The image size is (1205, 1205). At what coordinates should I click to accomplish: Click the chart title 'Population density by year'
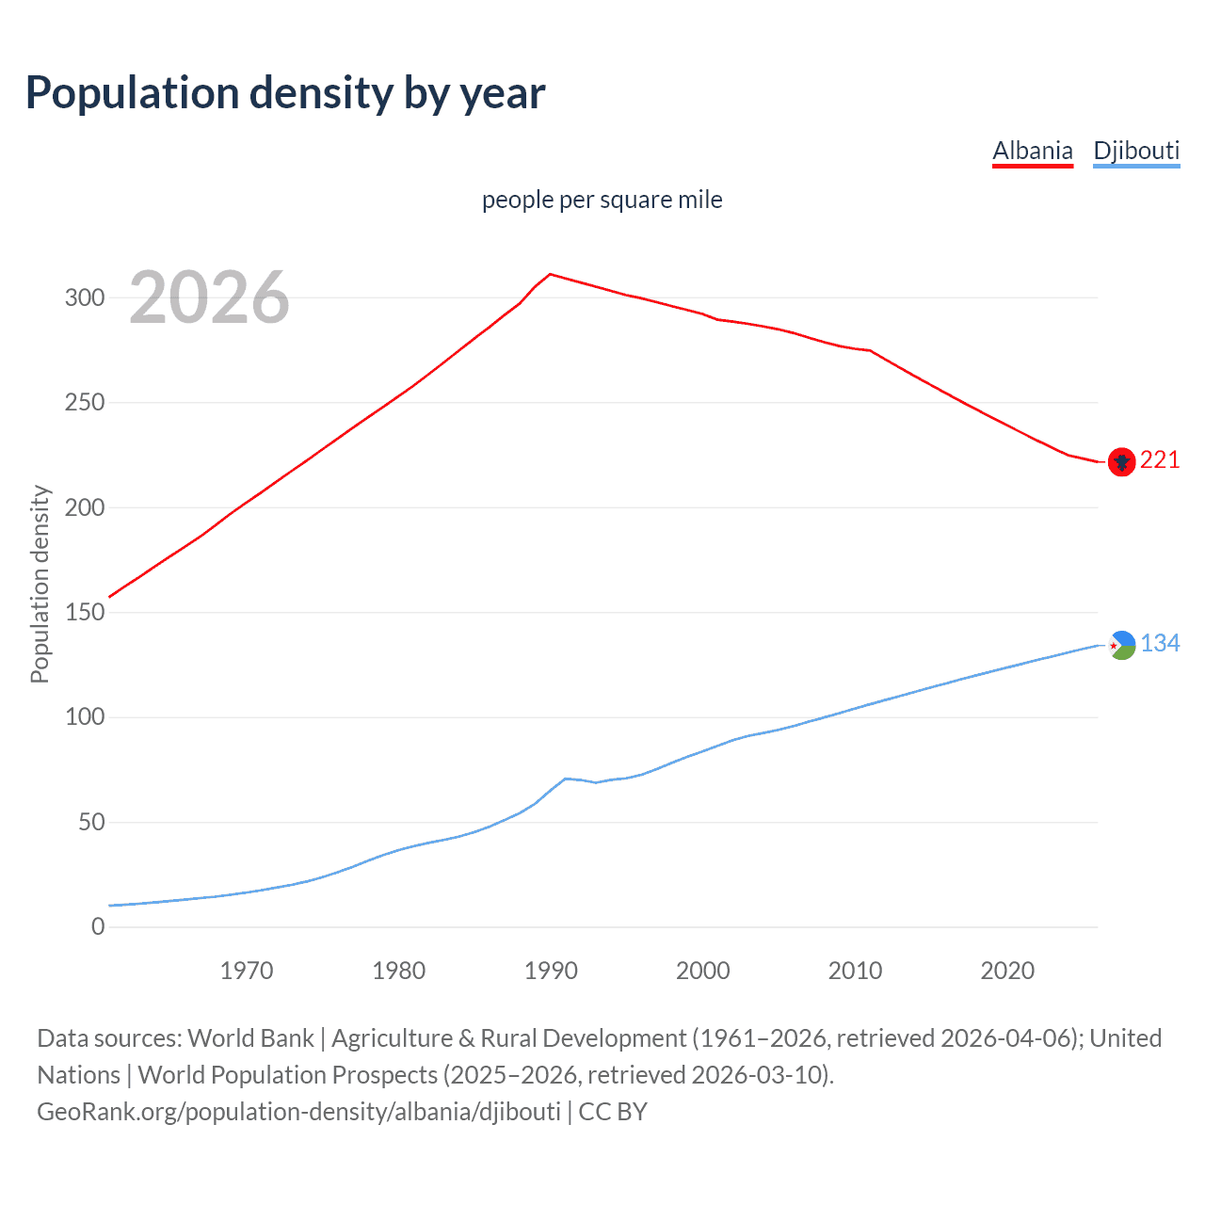[285, 93]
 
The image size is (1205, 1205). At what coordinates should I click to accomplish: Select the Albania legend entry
[1033, 151]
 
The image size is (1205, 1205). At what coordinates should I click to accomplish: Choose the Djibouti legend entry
[1136, 151]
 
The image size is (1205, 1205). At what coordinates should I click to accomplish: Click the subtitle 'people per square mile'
[602, 200]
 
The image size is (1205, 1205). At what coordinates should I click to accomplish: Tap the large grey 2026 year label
[209, 298]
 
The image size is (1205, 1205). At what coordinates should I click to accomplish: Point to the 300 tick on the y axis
[84, 297]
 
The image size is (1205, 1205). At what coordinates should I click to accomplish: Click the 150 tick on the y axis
[84, 613]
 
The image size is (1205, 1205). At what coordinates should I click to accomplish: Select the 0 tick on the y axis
[98, 927]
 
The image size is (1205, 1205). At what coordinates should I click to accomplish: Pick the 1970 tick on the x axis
[247, 971]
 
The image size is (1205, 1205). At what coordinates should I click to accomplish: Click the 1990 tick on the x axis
[551, 971]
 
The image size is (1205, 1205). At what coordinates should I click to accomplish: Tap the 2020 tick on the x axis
[1007, 971]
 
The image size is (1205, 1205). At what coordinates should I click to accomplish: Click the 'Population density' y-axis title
[40, 584]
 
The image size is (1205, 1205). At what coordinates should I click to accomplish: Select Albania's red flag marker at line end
[1121, 462]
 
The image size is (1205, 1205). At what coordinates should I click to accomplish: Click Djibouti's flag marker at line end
[1121, 645]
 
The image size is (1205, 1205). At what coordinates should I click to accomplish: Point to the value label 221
[1160, 459]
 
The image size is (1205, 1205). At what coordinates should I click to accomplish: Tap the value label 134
[1160, 643]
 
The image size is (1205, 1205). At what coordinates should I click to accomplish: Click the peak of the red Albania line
[551, 274]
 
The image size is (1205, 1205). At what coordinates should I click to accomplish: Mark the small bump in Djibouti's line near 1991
[566, 779]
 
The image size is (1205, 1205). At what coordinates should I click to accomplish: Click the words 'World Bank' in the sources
[250, 1038]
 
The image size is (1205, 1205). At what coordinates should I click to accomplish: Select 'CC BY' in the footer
[613, 1112]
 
